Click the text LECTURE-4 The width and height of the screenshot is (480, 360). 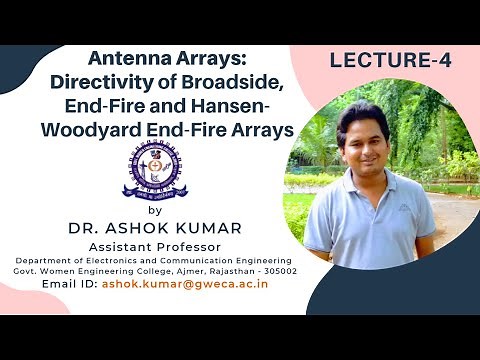pos(390,61)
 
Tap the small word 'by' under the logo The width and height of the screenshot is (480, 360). pos(153,210)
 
